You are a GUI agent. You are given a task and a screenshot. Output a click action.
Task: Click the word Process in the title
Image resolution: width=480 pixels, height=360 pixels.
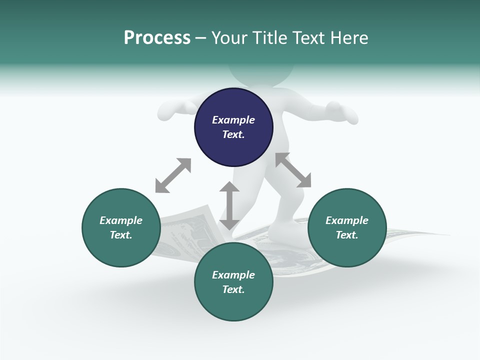(157, 38)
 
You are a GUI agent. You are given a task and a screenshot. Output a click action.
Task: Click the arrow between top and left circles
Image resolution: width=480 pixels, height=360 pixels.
(173, 175)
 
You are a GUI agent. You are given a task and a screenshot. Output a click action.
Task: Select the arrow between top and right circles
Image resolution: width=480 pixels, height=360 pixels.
(293, 170)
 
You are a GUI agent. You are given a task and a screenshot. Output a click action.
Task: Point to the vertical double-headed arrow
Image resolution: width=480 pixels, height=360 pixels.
(229, 205)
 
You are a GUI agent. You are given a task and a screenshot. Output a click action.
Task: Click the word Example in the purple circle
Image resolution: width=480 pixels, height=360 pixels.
(233, 120)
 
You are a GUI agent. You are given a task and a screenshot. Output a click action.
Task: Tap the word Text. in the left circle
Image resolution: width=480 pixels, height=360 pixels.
(121, 235)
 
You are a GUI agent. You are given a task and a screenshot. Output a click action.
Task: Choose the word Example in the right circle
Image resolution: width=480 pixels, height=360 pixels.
(347, 220)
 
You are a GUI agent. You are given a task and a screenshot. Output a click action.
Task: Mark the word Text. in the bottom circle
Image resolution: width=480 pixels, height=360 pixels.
(233, 289)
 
